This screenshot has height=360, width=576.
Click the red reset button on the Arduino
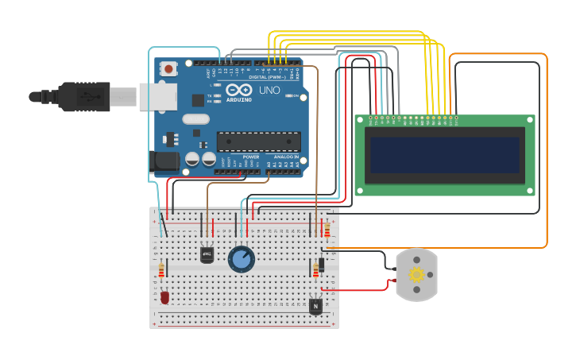[x=168, y=69]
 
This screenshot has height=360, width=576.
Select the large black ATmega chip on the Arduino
[x=258, y=141]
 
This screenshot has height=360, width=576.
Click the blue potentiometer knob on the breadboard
[x=241, y=259]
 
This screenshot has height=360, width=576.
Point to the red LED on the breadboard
[x=164, y=297]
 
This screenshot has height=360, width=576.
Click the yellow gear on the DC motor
[x=416, y=275]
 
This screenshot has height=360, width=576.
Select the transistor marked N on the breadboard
[x=315, y=306]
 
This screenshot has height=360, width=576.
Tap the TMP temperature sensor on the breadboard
[x=207, y=254]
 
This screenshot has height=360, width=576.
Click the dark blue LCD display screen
[x=445, y=155]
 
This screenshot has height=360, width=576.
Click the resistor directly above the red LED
[x=161, y=271]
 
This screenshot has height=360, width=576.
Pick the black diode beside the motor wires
[x=321, y=264]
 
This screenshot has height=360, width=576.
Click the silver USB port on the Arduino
[x=157, y=96]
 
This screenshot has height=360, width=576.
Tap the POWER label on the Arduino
[x=251, y=157]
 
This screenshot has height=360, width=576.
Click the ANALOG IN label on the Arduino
[x=286, y=157]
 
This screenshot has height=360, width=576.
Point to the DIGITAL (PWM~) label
[x=268, y=77]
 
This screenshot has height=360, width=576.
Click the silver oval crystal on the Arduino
[x=195, y=119]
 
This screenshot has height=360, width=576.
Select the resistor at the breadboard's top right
[x=327, y=230]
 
